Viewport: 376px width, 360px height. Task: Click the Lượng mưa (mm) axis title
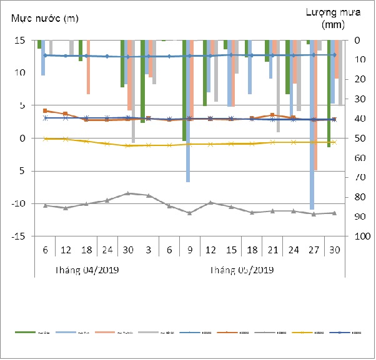tap(329, 19)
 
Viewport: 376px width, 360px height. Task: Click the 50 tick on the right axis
tap(360, 139)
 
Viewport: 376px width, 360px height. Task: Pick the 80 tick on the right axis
tap(360, 197)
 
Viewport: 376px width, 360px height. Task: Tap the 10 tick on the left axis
tap(20, 73)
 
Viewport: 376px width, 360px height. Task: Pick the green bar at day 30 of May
tap(329, 94)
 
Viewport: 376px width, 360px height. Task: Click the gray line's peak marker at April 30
tap(128, 193)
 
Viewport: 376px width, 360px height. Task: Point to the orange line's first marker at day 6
tap(45, 110)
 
